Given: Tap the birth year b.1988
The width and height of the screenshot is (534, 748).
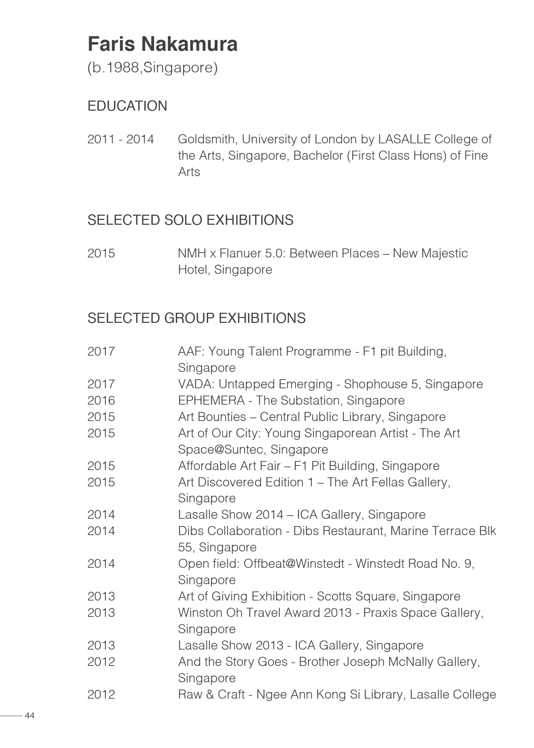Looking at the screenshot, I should pos(115,67).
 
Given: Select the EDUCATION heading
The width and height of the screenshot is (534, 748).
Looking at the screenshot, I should pos(127,106).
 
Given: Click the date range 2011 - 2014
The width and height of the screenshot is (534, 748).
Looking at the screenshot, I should pos(120,139).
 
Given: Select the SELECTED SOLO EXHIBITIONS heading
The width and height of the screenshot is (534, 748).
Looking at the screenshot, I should pos(190,220).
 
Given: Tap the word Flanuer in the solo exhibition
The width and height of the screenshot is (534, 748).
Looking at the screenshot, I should pos(240,253).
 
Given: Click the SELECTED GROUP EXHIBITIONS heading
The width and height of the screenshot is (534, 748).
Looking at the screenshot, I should pos(197,318).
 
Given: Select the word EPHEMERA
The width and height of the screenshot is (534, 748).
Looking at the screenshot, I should pos(212,400).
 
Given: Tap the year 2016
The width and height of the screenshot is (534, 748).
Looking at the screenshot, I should pos(101,400).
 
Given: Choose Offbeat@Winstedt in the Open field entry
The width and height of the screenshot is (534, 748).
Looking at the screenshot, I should pos(294,564).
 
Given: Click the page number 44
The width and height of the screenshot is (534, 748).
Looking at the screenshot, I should pos(30,716).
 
